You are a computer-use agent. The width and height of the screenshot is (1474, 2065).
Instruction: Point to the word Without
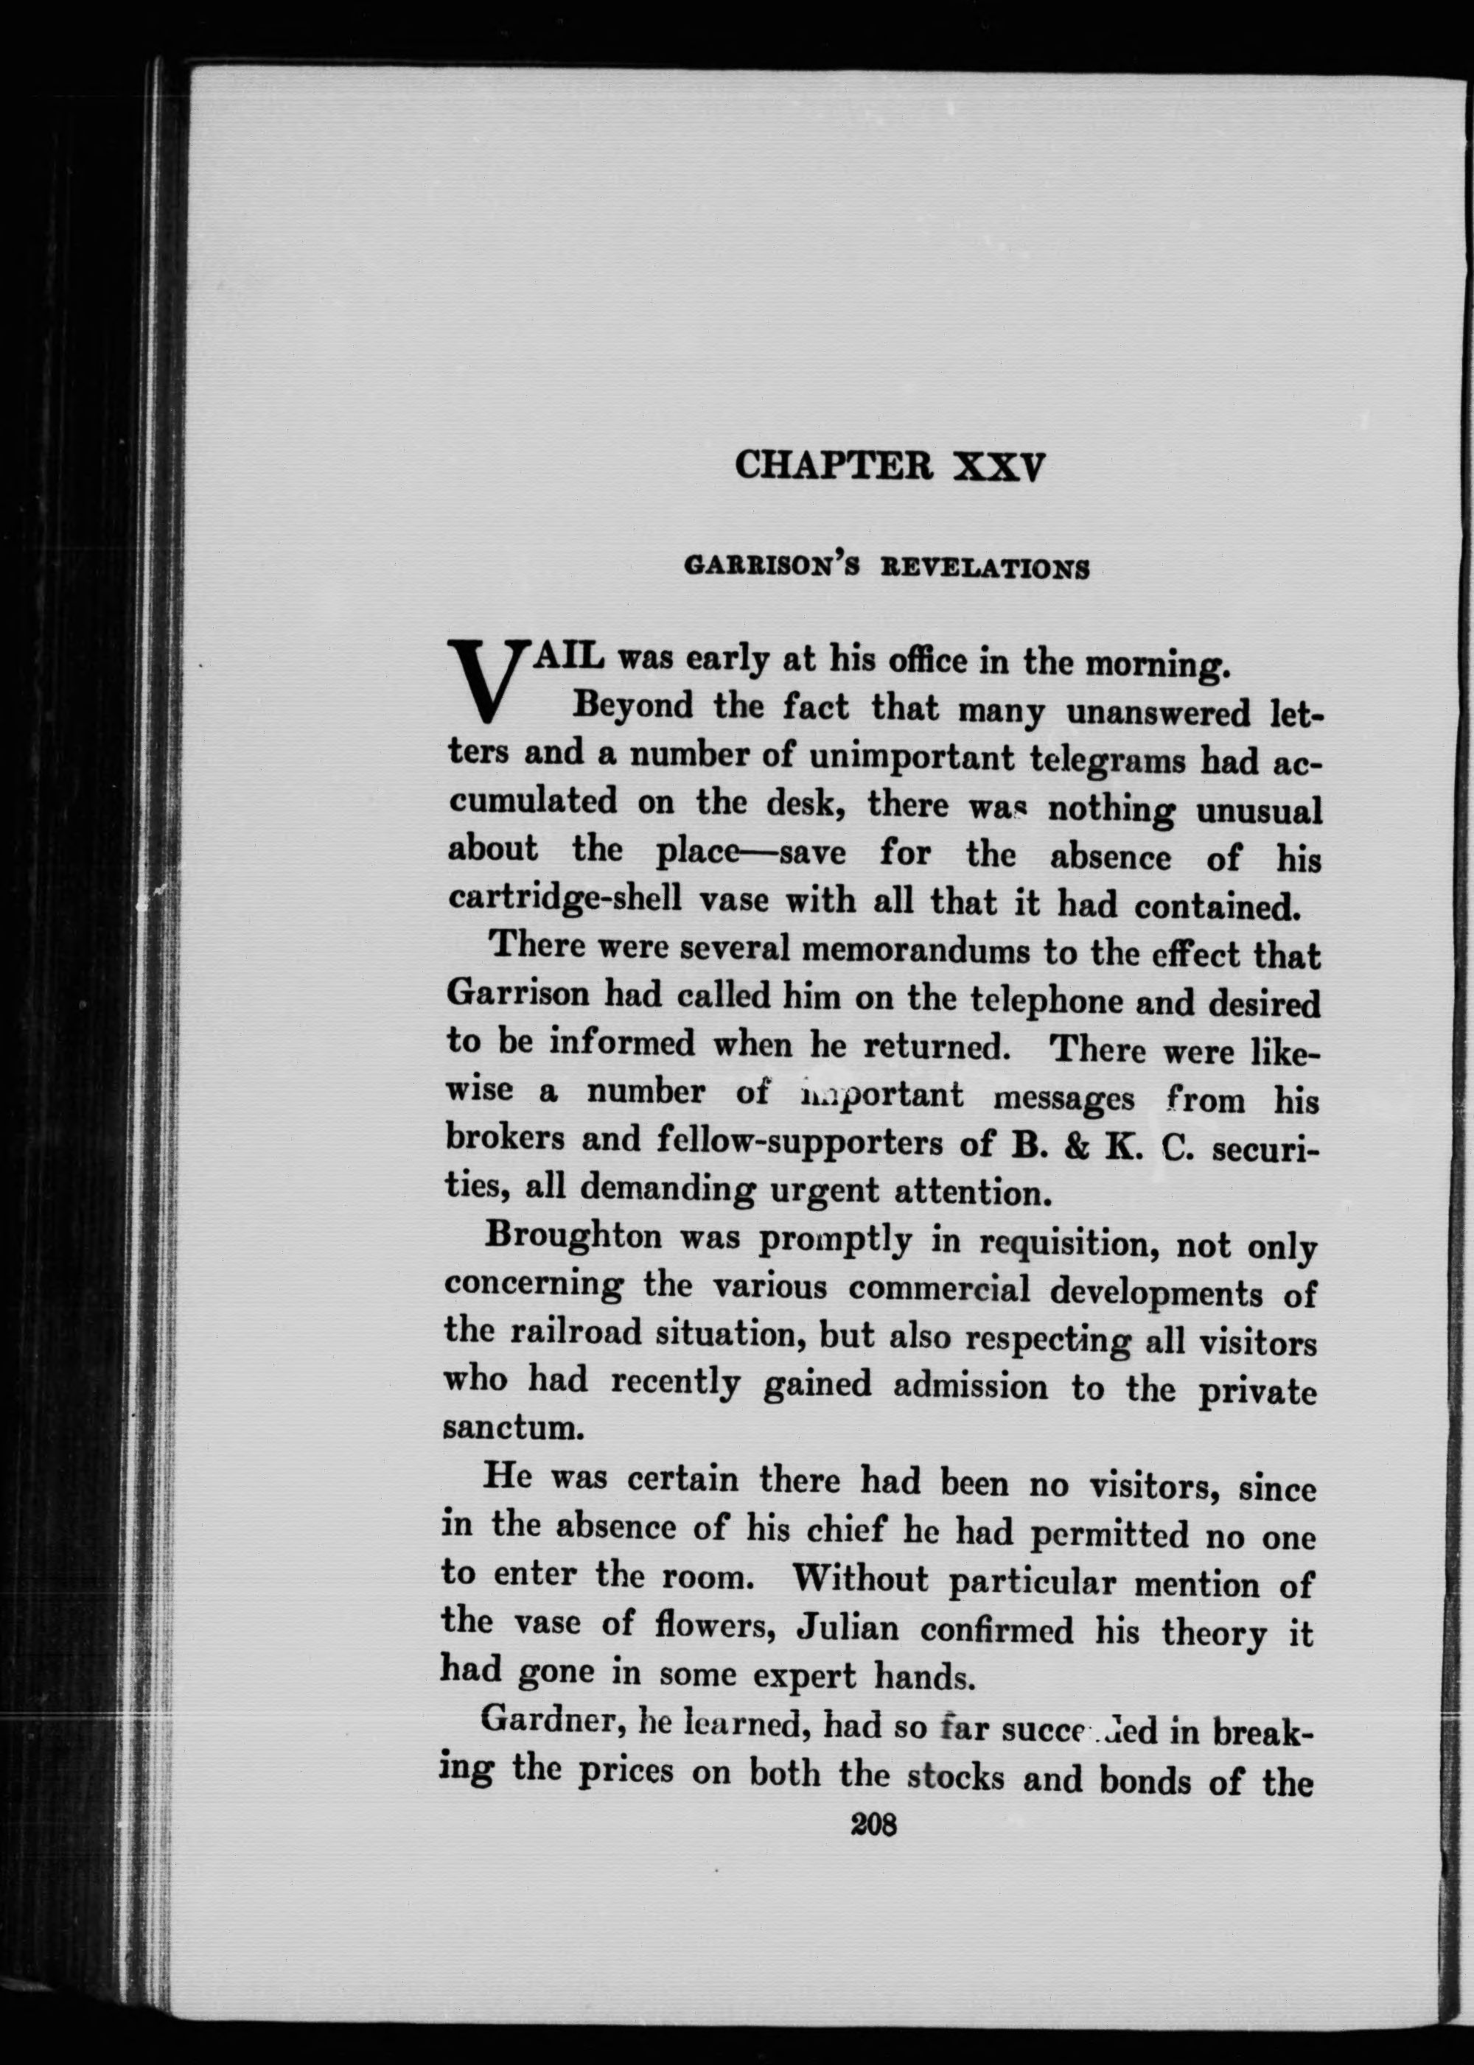tap(860, 1580)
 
